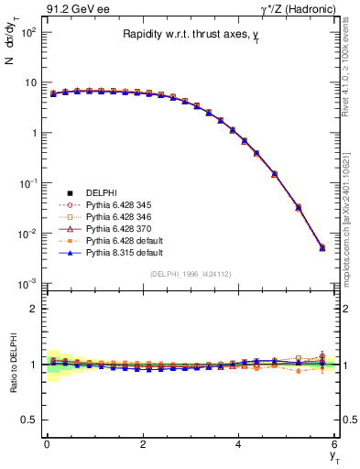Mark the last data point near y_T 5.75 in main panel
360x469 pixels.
pos(322,247)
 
